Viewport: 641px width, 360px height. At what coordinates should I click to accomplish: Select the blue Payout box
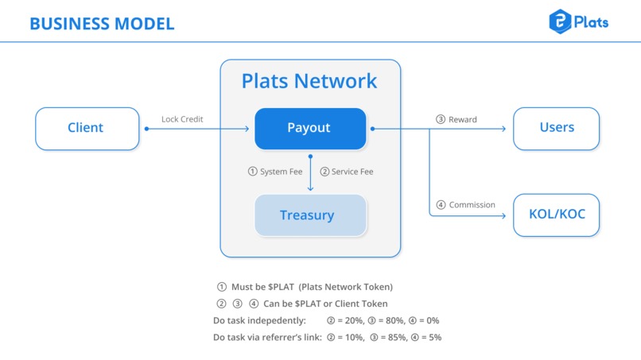[x=310, y=128]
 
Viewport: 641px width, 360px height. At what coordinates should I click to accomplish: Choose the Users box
[x=556, y=128]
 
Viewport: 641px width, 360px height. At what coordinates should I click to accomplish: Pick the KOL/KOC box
[x=556, y=214]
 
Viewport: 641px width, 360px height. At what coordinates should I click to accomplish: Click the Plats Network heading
[x=309, y=81]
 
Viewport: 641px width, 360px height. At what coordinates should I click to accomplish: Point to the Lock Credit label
[x=182, y=119]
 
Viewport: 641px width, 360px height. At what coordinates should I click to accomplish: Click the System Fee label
[x=275, y=172]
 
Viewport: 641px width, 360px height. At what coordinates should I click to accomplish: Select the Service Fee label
[x=347, y=172]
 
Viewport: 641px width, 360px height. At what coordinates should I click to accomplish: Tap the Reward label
[x=456, y=119]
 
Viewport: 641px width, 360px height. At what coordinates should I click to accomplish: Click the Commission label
[x=466, y=205]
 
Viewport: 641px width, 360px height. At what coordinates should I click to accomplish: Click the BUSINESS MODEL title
[x=102, y=23]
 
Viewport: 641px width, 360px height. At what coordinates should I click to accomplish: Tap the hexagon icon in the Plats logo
[x=561, y=21]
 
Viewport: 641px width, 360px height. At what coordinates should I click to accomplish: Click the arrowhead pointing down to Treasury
[x=310, y=188]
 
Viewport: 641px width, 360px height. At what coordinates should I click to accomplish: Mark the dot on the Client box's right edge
[x=146, y=128]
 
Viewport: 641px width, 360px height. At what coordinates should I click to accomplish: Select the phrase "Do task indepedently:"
[x=259, y=321]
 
